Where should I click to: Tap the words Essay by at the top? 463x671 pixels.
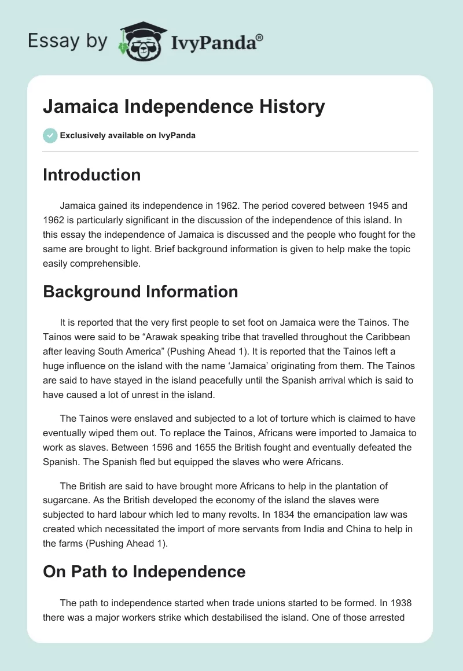click(68, 41)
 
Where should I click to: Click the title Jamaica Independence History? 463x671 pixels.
click(184, 106)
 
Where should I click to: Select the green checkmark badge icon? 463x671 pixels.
click(50, 135)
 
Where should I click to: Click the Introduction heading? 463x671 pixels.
click(91, 175)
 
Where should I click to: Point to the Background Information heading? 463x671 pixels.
click(140, 292)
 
